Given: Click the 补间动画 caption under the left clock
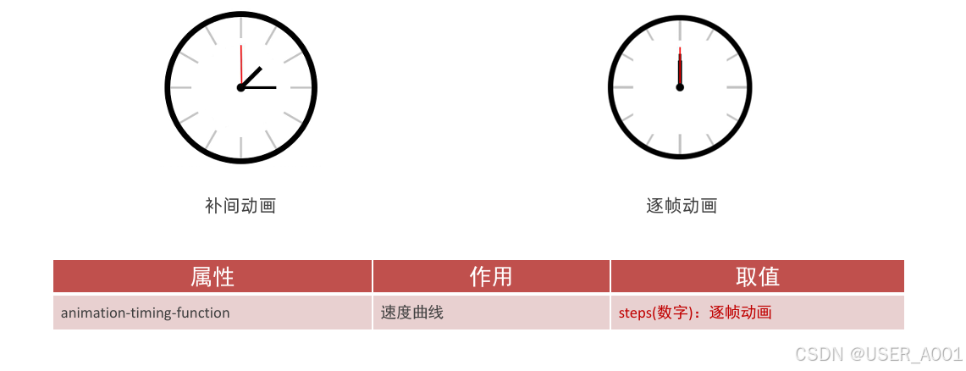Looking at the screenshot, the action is click(240, 205).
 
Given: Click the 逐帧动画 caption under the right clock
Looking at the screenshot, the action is click(682, 205).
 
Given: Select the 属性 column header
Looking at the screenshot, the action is click(213, 276).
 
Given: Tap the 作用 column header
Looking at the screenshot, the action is click(491, 276).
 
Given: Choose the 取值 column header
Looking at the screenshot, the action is click(757, 276).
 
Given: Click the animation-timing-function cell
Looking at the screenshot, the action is click(146, 313).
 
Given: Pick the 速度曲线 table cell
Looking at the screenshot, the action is click(412, 313).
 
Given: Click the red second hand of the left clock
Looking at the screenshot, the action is click(241, 64).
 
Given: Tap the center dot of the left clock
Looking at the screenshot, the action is click(241, 87).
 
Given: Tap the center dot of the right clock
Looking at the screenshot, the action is click(680, 87).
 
